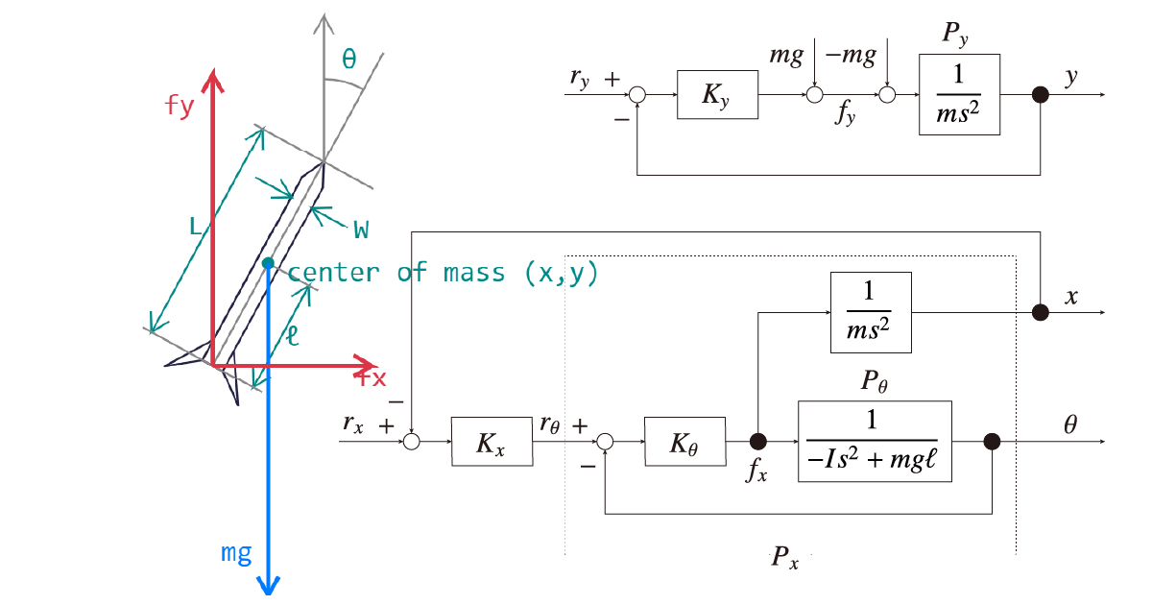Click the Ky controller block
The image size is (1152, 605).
[x=717, y=94]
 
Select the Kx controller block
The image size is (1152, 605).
[x=492, y=442]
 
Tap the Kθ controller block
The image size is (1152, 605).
[x=684, y=442]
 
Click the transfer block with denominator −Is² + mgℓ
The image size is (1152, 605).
[x=875, y=442]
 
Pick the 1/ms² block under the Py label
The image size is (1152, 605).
[x=959, y=94]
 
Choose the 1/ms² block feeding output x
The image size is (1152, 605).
[x=872, y=312]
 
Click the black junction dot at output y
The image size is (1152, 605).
[x=1041, y=94]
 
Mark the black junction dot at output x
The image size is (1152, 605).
[x=1041, y=312]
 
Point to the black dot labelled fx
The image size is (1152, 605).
[x=757, y=442]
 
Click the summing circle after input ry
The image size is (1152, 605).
[x=637, y=94]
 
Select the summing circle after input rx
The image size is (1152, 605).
[x=411, y=442]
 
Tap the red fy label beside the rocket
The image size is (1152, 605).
[x=180, y=105]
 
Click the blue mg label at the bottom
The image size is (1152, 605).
[x=236, y=552]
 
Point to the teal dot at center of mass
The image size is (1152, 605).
[x=268, y=262]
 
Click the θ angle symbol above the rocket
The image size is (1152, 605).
[x=348, y=60]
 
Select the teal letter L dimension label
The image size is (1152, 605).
[x=195, y=228]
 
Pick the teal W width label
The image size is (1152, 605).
[x=361, y=229]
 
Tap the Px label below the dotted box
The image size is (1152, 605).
[x=785, y=558]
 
